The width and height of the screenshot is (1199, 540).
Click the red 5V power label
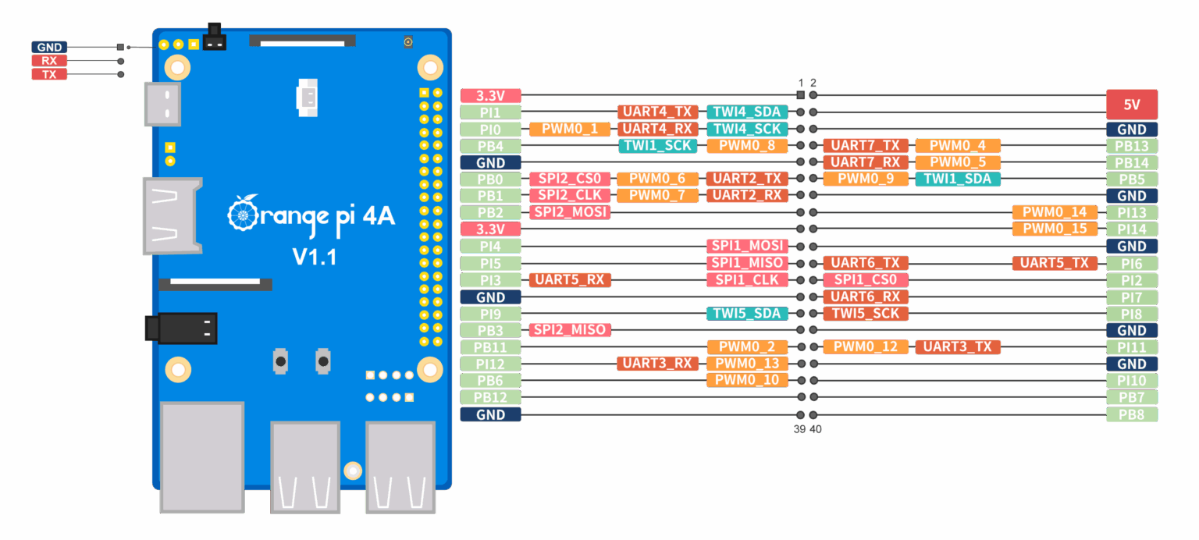[x=1131, y=104]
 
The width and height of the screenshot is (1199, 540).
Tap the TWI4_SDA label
[x=746, y=112]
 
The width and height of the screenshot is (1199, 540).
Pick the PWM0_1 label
[x=569, y=129]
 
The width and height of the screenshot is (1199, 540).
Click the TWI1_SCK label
[x=657, y=146]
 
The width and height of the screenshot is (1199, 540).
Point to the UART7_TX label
[x=865, y=146]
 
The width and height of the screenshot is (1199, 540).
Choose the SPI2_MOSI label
[x=569, y=212]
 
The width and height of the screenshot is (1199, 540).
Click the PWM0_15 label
[x=1054, y=229]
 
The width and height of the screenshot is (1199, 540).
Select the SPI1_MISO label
[x=746, y=263]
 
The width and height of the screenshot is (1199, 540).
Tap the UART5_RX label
[x=569, y=279]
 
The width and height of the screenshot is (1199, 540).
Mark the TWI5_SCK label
[x=865, y=314]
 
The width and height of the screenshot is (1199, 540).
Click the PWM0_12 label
[x=865, y=347]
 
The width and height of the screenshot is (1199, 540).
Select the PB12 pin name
[x=490, y=397]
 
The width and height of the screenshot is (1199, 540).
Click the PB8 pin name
[x=1131, y=414]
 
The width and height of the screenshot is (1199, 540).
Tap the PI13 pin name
[x=1131, y=212]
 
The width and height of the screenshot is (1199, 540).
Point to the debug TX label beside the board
[x=49, y=74]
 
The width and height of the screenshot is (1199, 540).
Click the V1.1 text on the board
[x=314, y=257]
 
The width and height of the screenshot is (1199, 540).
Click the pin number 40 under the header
[x=815, y=429]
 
